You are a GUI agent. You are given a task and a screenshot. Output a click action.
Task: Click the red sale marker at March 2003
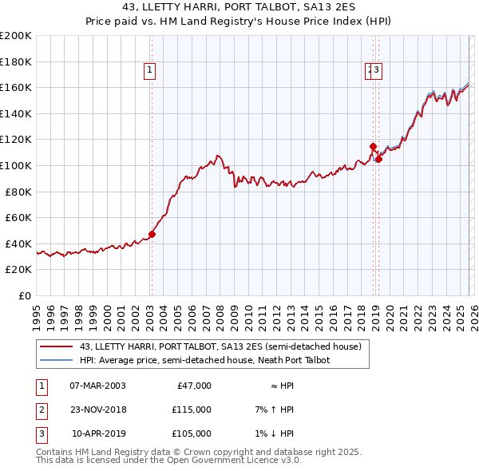(152, 235)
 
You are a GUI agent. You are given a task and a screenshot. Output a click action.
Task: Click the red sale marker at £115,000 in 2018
(373, 146)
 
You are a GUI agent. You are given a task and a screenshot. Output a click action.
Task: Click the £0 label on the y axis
(25, 295)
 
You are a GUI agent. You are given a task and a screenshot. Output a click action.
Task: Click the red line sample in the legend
(56, 346)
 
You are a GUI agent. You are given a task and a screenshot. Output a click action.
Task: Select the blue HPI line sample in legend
(56, 360)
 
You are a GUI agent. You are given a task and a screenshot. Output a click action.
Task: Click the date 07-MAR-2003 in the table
(97, 386)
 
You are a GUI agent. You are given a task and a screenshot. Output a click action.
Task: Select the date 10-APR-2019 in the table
(98, 433)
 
